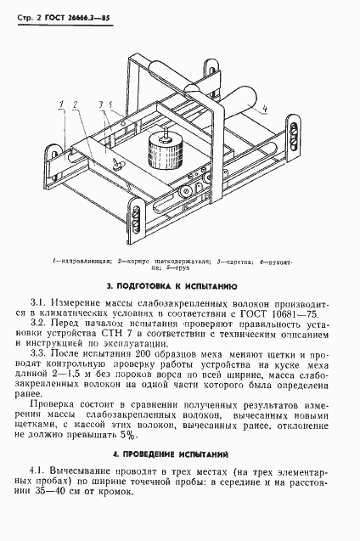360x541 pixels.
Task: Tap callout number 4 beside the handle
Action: (x=265, y=109)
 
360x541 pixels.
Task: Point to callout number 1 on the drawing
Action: (x=61, y=104)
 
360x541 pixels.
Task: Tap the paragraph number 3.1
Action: (x=39, y=301)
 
